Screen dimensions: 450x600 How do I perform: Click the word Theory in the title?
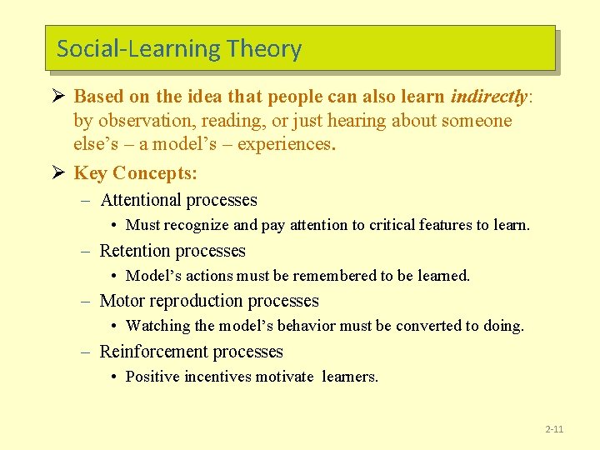coord(262,49)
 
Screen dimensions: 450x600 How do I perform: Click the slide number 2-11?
coord(554,429)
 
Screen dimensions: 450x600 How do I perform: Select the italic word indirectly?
coord(490,97)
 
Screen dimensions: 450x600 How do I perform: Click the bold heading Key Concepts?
coord(136,173)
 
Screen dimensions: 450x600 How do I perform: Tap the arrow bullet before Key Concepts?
coord(57,172)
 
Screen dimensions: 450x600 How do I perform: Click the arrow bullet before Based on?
coord(57,96)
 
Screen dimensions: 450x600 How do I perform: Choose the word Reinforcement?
coord(155,352)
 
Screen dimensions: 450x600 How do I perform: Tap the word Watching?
coord(157,326)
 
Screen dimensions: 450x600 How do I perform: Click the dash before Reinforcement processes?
coord(86,352)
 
